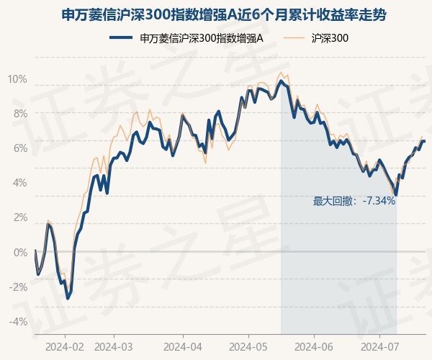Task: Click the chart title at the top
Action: point(223,15)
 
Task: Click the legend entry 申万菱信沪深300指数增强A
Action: point(186,38)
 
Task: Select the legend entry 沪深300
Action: point(316,38)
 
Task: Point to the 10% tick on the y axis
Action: point(17,79)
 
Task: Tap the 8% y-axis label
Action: point(21,114)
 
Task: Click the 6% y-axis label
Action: point(21,148)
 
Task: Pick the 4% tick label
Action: point(20,183)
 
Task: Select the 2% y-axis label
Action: point(21,217)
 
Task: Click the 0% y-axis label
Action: point(21,252)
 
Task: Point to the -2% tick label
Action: point(19,287)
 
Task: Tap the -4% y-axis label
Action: point(19,322)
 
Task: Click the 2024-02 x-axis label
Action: point(65,347)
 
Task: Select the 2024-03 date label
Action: point(114,347)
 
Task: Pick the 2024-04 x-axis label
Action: point(183,347)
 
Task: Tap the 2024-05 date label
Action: point(248,347)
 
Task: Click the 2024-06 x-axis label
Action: point(314,347)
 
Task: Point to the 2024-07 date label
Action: point(379,347)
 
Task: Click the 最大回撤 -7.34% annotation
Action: point(354,202)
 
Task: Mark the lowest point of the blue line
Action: point(68,299)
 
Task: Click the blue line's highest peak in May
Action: point(281,81)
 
